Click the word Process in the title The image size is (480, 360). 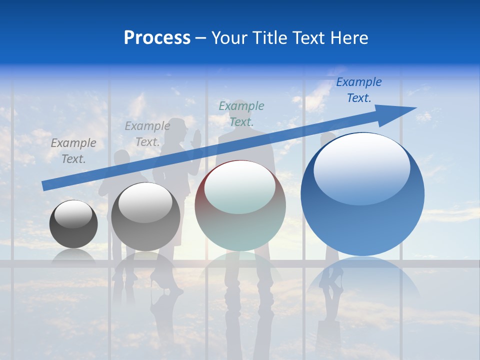pyautogui.click(x=157, y=38)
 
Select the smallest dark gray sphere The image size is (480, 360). pyautogui.click(x=73, y=224)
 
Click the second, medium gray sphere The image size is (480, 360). pyautogui.click(x=145, y=216)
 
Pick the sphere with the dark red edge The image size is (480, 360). pyautogui.click(x=240, y=205)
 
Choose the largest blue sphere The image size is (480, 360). pyautogui.click(x=362, y=194)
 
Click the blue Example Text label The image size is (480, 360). pyautogui.click(x=359, y=90)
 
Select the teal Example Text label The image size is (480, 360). pyautogui.click(x=241, y=113)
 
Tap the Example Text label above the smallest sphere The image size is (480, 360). pyautogui.click(x=73, y=150)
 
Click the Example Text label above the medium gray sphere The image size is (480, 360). pyautogui.click(x=147, y=134)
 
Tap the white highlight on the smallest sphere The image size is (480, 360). pyautogui.click(x=73, y=214)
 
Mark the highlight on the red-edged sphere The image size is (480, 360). pyautogui.click(x=240, y=186)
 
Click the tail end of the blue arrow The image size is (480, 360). pyautogui.click(x=46, y=185)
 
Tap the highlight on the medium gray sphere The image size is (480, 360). pyautogui.click(x=145, y=203)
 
